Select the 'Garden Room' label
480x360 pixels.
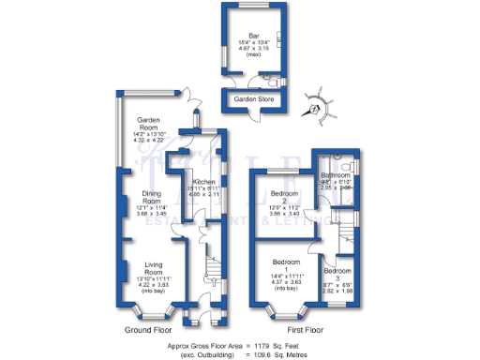151,121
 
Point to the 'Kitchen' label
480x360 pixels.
203,181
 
